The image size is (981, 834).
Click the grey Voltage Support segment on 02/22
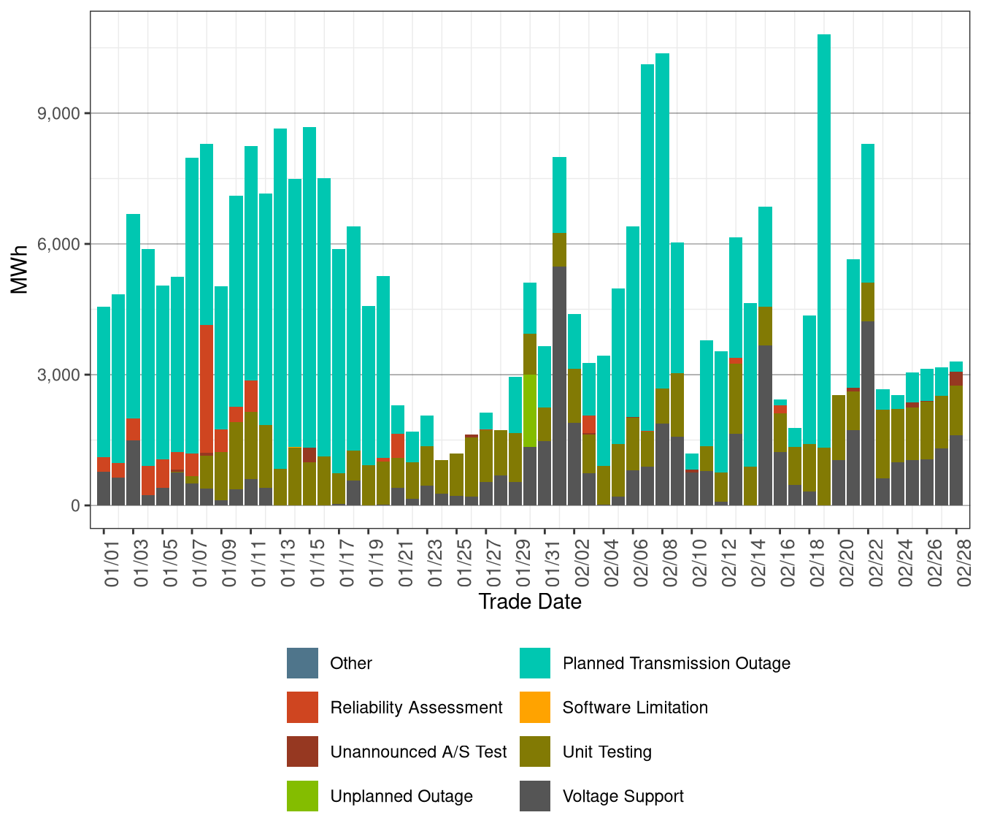click(868, 413)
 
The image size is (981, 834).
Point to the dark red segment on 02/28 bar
click(956, 378)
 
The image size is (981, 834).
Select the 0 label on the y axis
click(75, 505)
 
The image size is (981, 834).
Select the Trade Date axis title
click(530, 602)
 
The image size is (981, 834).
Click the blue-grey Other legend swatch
click(302, 663)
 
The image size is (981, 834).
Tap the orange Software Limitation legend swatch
click(535, 708)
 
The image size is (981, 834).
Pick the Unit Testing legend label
click(607, 752)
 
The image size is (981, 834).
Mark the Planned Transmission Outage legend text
click(676, 663)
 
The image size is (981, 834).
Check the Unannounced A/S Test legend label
click(418, 752)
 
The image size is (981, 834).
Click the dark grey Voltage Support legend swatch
click(535, 796)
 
